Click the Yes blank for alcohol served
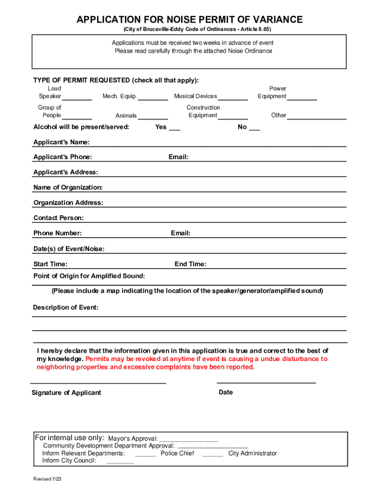pos(174,129)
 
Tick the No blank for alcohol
pos(254,129)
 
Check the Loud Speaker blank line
pos(77,99)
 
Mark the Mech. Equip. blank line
pos(153,99)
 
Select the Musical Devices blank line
pos(233,99)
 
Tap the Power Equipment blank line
pos(302,99)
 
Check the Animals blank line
pos(153,118)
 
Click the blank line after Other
pos(317,118)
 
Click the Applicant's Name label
pos(62,142)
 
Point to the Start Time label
pos(51,264)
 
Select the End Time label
pos(190,264)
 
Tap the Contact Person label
pos(59,218)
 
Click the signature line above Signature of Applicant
pos(98,382)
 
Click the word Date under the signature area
pos(226,392)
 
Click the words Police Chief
pos(177,453)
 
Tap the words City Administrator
pos(253,453)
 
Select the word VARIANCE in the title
pos(276,20)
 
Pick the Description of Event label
pos(66,307)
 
